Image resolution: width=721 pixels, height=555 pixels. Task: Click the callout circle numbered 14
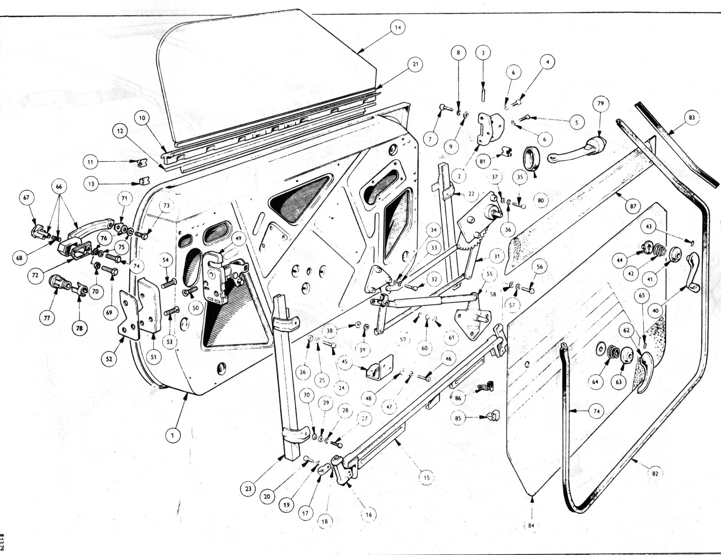pyautogui.click(x=398, y=27)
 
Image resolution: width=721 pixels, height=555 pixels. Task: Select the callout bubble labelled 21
pyautogui.click(x=415, y=64)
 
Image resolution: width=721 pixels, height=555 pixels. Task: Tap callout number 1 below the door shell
pyautogui.click(x=172, y=435)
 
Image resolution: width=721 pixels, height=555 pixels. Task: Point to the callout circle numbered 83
pyautogui.click(x=691, y=118)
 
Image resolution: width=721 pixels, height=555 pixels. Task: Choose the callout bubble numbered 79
pyautogui.click(x=600, y=104)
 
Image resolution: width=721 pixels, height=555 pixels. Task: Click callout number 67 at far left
pyautogui.click(x=27, y=198)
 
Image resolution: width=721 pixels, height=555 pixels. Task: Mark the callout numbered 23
pyautogui.click(x=248, y=489)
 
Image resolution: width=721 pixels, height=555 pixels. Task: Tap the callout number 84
pyautogui.click(x=531, y=526)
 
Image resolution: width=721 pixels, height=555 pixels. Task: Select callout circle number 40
pyautogui.click(x=655, y=310)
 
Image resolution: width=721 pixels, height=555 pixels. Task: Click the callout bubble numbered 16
pyautogui.click(x=368, y=515)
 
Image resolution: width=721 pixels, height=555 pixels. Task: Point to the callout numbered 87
pyautogui.click(x=633, y=206)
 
